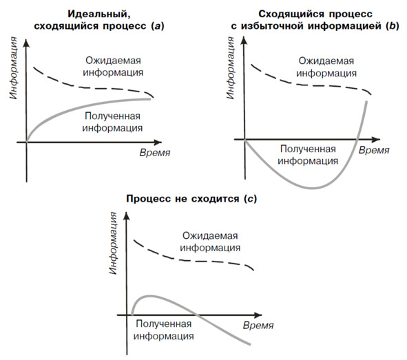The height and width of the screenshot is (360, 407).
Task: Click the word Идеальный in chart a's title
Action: pyautogui.click(x=99, y=14)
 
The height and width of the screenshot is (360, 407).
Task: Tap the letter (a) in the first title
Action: pyautogui.click(x=157, y=26)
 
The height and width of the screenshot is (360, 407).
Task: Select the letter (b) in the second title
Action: pyautogui.click(x=393, y=26)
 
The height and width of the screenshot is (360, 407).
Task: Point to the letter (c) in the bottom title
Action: pyautogui.click(x=250, y=199)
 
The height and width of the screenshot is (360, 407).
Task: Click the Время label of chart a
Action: pyautogui.click(x=155, y=153)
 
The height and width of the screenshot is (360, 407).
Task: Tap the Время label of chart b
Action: pyautogui.click(x=374, y=150)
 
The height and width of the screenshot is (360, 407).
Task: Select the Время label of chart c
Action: pyautogui.click(x=258, y=326)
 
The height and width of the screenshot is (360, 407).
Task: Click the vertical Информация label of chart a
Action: pyautogui.click(x=13, y=68)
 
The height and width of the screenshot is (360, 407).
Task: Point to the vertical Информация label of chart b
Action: pyautogui.click(x=230, y=68)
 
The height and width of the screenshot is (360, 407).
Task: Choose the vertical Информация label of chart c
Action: pyautogui.click(x=113, y=243)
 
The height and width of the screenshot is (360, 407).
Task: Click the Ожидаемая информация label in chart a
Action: pyautogui.click(x=113, y=66)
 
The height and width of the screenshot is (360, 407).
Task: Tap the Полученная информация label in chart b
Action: pyautogui.click(x=308, y=155)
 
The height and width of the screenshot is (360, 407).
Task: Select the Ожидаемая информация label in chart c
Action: pyautogui.click(x=210, y=242)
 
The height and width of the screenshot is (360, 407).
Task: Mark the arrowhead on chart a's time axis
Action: pyautogui.click(x=158, y=142)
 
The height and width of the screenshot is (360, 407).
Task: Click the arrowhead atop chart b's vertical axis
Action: pyautogui.click(x=244, y=42)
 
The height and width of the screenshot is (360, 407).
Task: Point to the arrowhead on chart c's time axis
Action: pyautogui.click(x=258, y=315)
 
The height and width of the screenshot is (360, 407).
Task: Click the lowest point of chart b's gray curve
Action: pyautogui.click(x=312, y=188)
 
